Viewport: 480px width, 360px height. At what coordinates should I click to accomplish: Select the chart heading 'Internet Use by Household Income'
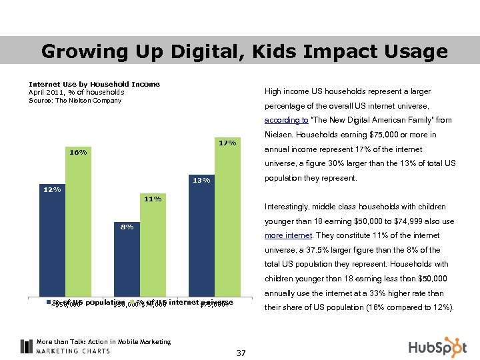click(94, 84)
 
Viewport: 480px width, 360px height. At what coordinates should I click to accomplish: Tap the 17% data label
click(227, 143)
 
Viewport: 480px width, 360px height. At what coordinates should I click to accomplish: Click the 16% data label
click(78, 152)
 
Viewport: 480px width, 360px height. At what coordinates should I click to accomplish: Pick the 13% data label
click(201, 180)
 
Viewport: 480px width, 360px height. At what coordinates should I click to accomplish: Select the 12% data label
click(52, 189)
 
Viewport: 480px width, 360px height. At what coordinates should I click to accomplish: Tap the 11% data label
click(153, 199)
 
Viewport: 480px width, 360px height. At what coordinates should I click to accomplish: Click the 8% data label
click(127, 227)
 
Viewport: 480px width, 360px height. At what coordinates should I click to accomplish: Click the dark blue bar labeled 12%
click(52, 247)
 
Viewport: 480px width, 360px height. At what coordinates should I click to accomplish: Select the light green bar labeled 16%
click(78, 227)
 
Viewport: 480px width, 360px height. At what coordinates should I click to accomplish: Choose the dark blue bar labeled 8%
click(127, 263)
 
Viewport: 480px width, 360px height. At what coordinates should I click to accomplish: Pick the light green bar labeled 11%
click(153, 250)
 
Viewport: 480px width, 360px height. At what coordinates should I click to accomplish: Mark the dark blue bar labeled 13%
click(201, 240)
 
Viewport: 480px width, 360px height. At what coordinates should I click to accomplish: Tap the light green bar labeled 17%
click(227, 220)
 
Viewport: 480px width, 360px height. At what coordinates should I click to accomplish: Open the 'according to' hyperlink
click(286, 121)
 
